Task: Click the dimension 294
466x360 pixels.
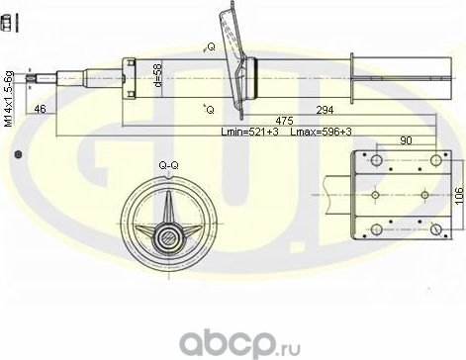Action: click(325, 111)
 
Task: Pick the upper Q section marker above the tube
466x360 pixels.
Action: click(210, 46)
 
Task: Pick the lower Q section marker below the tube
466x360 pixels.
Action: click(208, 108)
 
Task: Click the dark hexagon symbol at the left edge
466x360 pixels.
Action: click(17, 154)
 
